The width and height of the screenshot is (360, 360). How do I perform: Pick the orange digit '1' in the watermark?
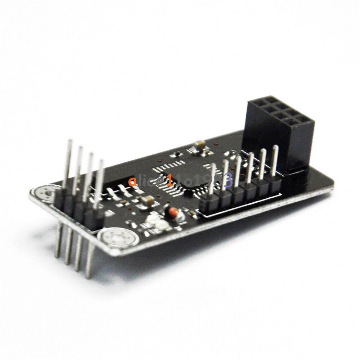pyautogui.click(x=169, y=180)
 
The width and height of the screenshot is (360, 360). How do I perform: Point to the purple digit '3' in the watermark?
pyautogui.click(x=228, y=180)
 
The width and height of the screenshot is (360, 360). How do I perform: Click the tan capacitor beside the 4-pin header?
pyautogui.click(x=147, y=201)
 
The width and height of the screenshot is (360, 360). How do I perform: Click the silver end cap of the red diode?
pyautogui.click(x=180, y=216)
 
